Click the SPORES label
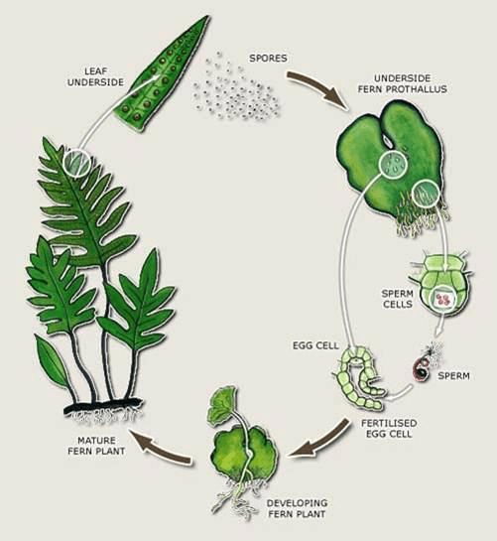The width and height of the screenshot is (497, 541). [x=268, y=58]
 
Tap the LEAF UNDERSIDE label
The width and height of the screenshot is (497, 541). [x=95, y=77]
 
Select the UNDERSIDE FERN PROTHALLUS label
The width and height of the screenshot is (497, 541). [x=402, y=83]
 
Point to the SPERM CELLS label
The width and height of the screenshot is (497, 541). [x=398, y=299]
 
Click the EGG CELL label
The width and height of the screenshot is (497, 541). [x=315, y=345]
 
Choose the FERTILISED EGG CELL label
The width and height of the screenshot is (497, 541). [x=389, y=428]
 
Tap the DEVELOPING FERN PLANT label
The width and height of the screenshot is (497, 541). [x=297, y=508]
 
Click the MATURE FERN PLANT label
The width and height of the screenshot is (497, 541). [x=96, y=446]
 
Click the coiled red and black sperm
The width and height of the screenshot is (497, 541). [x=423, y=369]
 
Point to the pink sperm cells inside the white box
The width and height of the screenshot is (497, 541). [x=443, y=299]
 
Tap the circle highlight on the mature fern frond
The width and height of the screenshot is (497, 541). [x=76, y=163]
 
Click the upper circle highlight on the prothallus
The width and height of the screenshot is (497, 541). [x=393, y=165]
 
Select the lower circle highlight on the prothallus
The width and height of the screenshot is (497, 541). [x=426, y=194]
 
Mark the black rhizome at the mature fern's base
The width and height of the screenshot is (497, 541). [x=103, y=406]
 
